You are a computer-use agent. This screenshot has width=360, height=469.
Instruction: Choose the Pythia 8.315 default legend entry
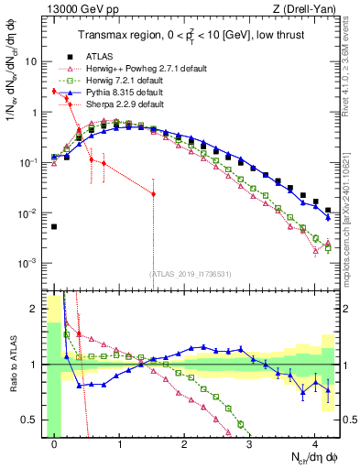[x=114, y=92]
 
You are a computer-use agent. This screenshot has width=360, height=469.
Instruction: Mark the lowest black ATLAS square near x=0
[x=55, y=226]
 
